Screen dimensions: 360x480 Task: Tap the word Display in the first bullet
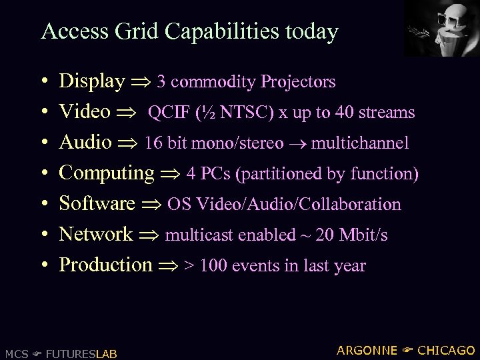coord(92,81)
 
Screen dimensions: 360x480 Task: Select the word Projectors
coord(298,82)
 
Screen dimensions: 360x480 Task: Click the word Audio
coord(85,142)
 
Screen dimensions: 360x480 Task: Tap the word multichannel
coord(360,143)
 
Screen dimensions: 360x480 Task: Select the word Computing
coord(107,173)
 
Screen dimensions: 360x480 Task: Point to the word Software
coord(97,203)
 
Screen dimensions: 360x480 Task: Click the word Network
coord(96,234)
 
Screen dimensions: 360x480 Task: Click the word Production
coord(106,265)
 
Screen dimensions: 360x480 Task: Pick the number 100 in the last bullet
coord(213,265)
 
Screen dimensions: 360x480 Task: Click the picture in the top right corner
coord(442,28)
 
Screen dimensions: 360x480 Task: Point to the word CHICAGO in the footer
coord(446,350)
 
